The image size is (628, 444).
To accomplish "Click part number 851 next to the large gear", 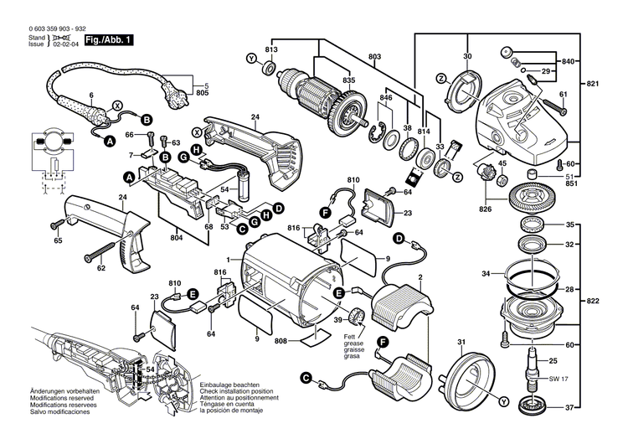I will (570, 186).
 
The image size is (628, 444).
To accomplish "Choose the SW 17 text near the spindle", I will (557, 379).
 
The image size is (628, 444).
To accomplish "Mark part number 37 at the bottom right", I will (570, 408).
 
